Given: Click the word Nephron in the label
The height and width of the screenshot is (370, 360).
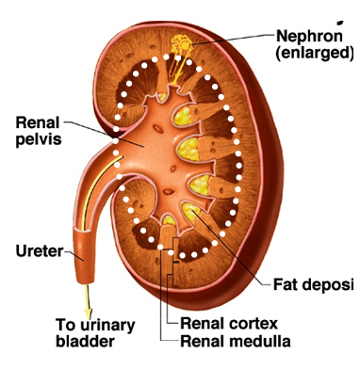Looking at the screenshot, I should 305,37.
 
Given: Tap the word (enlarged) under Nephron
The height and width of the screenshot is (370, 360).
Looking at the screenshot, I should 312,54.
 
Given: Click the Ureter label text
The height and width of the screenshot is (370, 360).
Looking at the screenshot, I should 38,251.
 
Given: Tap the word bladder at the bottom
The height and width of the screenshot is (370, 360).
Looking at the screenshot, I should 84,342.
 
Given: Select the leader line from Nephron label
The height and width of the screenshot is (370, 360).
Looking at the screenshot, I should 236,37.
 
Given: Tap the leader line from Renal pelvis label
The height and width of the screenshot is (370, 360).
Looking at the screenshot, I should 90,129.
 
